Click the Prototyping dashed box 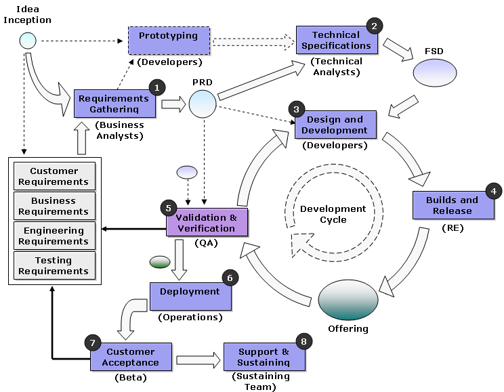point(169,41)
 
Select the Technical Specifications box point(336,41)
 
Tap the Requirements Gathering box point(114,104)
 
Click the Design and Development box point(335,125)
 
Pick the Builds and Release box point(453,205)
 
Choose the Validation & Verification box point(207,223)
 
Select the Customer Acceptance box point(131,357)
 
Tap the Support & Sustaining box point(264,357)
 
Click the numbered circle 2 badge point(374,26)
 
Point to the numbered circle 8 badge point(303,342)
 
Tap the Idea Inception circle point(28,41)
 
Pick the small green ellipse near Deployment point(160,262)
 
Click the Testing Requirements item point(54,265)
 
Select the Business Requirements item point(54,206)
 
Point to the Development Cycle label point(333,214)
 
